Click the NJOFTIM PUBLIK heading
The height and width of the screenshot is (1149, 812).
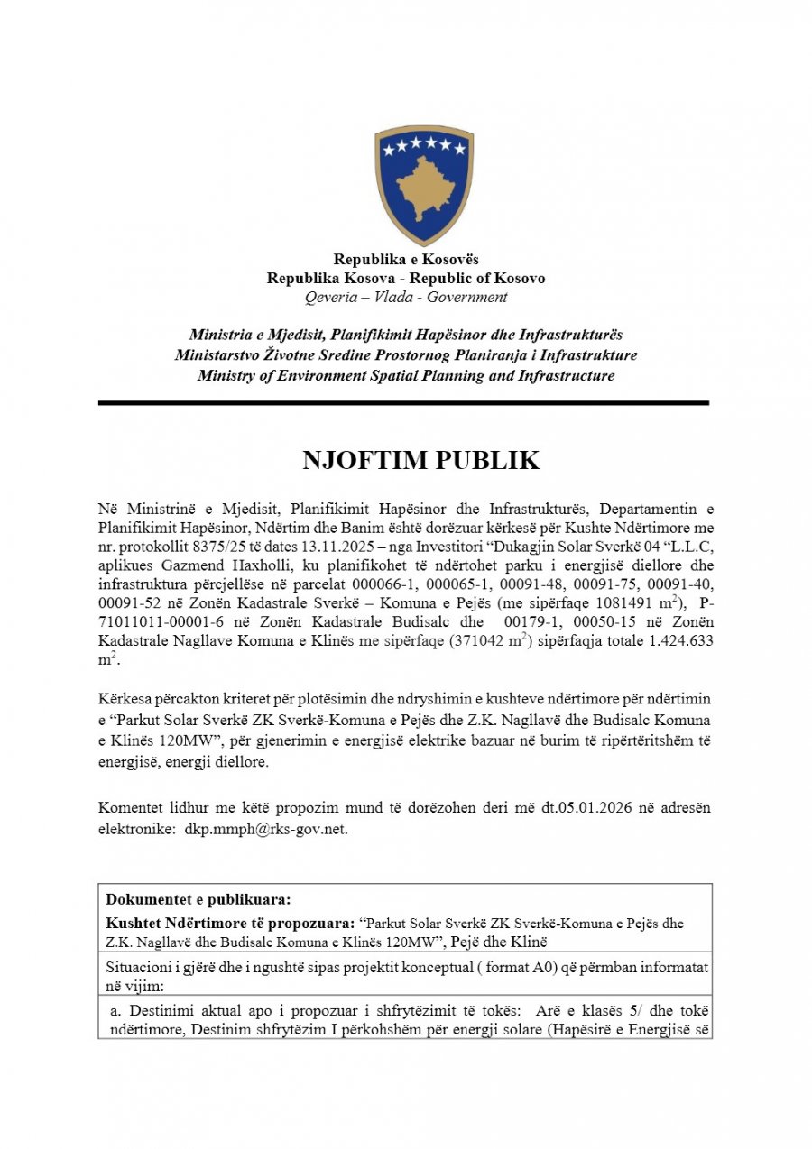pyautogui.click(x=420, y=461)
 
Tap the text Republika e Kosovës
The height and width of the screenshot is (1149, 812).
pyautogui.click(x=406, y=260)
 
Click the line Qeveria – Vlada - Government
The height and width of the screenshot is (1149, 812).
pyautogui.click(x=406, y=297)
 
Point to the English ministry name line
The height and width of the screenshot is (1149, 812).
pyautogui.click(x=406, y=375)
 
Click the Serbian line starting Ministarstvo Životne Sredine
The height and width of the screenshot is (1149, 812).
pyautogui.click(x=406, y=355)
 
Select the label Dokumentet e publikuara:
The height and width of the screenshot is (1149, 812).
pyautogui.click(x=198, y=899)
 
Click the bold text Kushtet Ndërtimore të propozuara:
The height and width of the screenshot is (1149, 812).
pyautogui.click(x=229, y=924)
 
